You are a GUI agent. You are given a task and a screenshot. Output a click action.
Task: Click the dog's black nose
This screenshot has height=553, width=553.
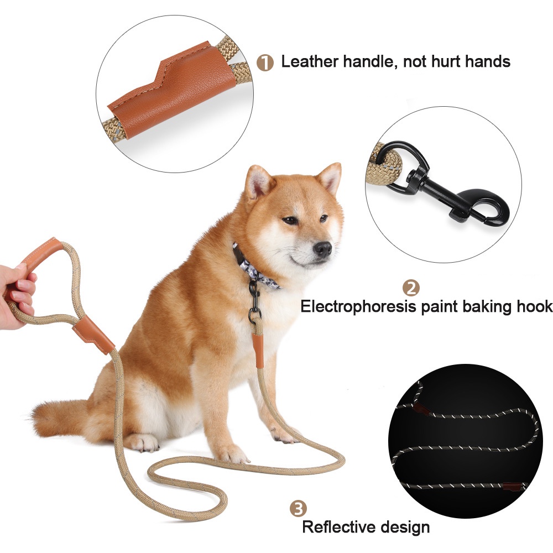pos(323,249)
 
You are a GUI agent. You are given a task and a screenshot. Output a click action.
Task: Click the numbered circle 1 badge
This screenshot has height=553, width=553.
pos(265,63)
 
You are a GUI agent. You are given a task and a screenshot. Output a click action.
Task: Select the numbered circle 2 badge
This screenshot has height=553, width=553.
pos(411,288)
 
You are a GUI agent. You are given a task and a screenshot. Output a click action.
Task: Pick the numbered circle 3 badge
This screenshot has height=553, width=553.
pos(299,509)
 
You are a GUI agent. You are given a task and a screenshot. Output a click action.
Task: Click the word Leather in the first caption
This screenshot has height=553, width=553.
pos(309,61)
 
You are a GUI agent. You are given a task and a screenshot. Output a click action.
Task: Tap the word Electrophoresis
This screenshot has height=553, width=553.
pos(358,306)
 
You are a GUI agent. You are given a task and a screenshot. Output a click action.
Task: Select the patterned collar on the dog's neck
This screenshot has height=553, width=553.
pos(253,267)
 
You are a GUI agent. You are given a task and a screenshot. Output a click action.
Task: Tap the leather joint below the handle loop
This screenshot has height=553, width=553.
pos(93,336)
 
